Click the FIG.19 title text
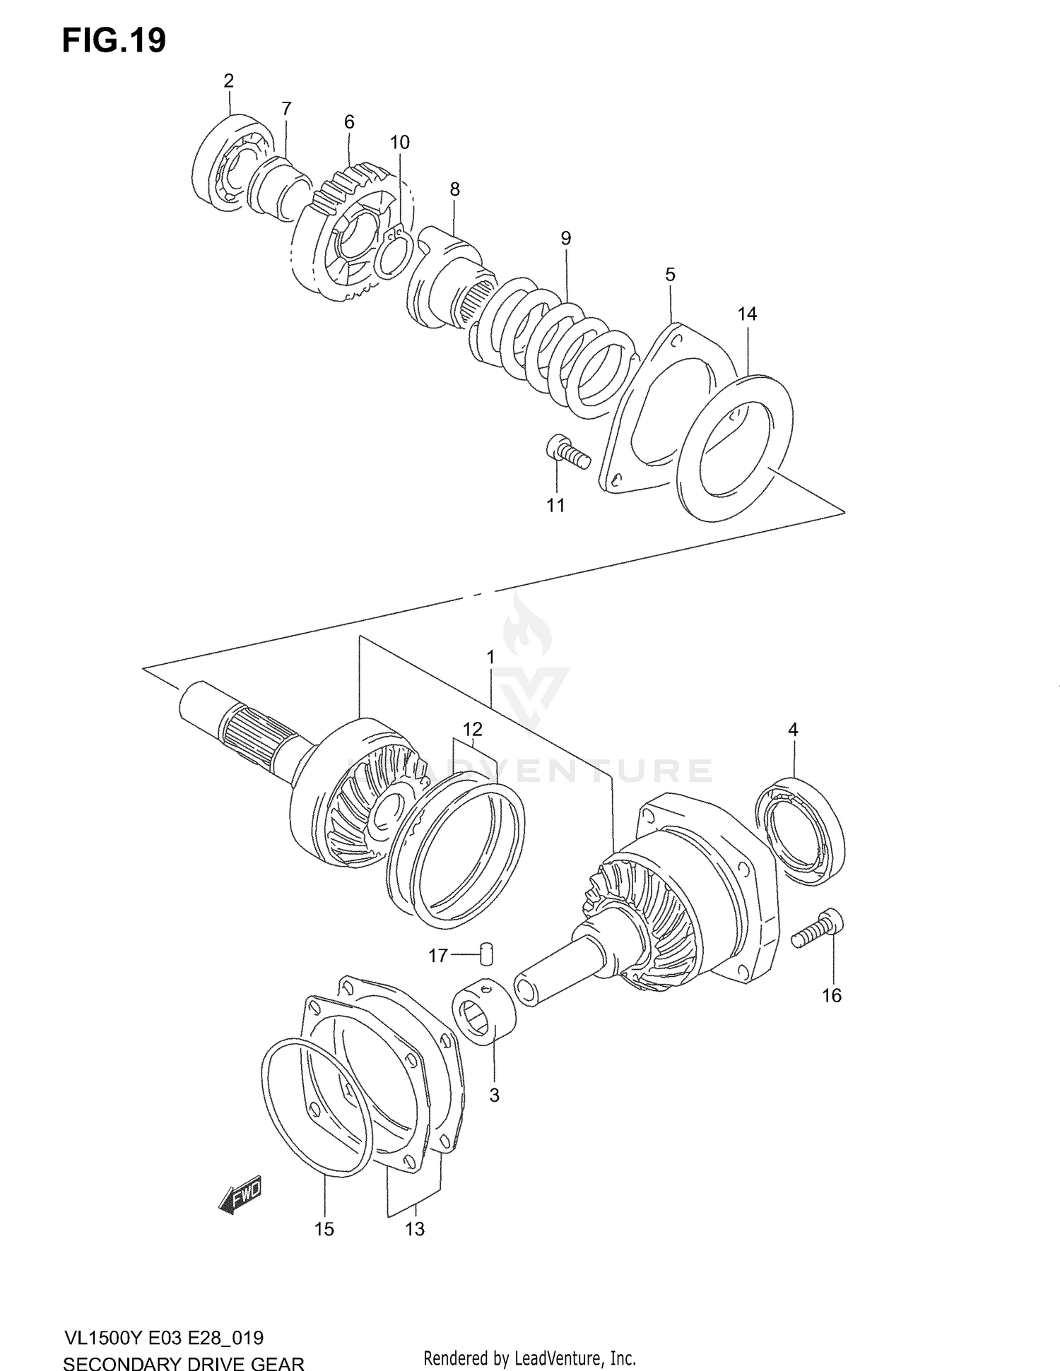[114, 41]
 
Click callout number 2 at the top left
[228, 81]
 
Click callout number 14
[747, 314]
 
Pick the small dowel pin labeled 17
[486, 954]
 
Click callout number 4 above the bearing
[793, 730]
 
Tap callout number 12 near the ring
[472, 729]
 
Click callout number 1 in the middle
[490, 658]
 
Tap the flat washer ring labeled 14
[735, 449]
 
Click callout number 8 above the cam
[454, 189]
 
